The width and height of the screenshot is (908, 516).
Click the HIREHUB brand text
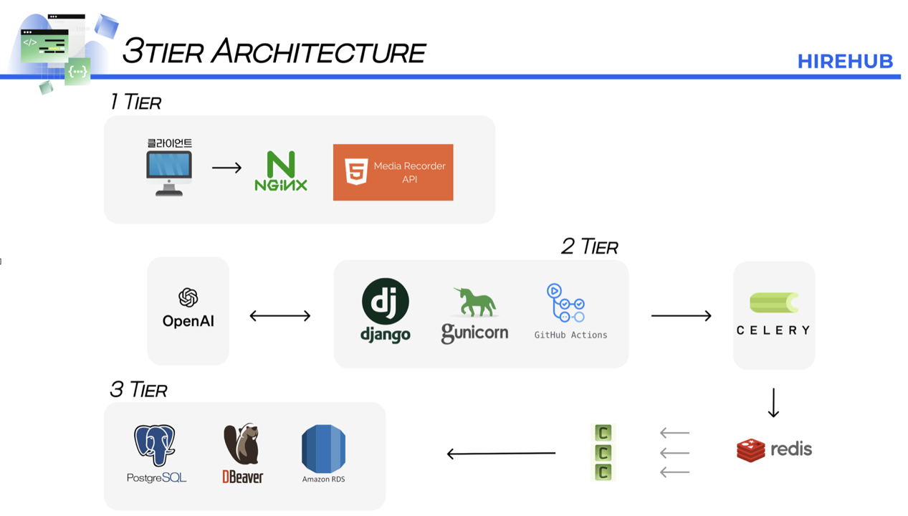(844, 62)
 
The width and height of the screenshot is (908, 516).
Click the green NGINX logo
(281, 171)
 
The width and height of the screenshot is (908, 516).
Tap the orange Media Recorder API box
(393, 173)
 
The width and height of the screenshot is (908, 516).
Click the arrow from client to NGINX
(227, 168)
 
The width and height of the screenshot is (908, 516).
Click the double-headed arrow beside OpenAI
(279, 316)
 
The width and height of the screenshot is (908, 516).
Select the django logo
(386, 310)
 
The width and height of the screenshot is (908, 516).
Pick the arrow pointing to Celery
(681, 316)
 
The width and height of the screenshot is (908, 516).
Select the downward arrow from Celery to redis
(773, 403)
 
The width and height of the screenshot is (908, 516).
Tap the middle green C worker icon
(603, 453)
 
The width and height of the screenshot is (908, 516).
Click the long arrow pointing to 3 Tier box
(501, 454)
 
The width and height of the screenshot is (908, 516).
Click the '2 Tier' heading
(589, 247)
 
